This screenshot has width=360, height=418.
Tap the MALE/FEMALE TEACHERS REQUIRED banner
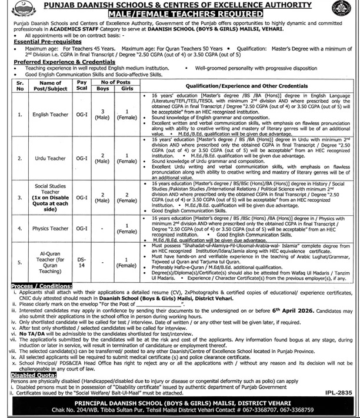click(x=180, y=13)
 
